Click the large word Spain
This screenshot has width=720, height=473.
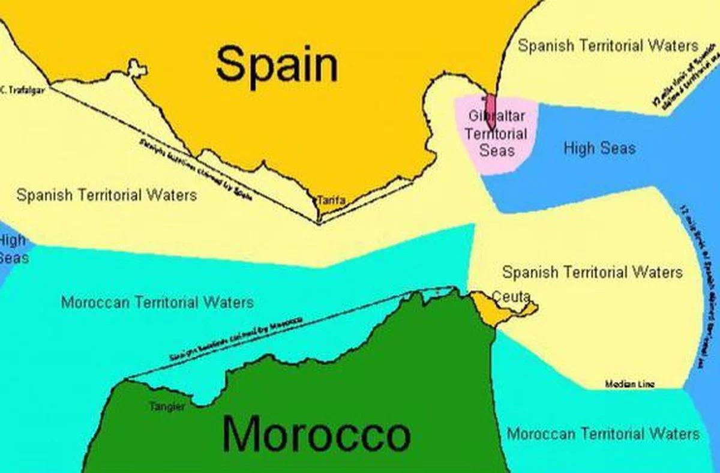tap(277, 64)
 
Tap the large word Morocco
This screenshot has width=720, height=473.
tap(316, 433)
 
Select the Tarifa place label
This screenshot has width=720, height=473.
tap(331, 200)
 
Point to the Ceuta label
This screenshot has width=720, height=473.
tap(511, 296)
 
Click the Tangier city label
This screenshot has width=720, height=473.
tap(167, 407)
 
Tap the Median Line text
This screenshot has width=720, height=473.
tap(629, 384)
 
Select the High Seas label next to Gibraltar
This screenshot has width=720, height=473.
tap(599, 148)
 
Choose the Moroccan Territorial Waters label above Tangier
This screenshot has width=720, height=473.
tap(157, 302)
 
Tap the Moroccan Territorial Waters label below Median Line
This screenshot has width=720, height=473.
tap(603, 433)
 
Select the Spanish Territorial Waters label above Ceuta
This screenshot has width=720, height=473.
tap(592, 273)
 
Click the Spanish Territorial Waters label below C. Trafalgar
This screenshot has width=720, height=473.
tap(106, 195)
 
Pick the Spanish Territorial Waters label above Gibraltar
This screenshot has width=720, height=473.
tap(608, 46)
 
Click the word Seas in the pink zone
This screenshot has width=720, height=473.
tap(497, 149)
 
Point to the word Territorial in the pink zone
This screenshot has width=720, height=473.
tap(496, 133)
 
